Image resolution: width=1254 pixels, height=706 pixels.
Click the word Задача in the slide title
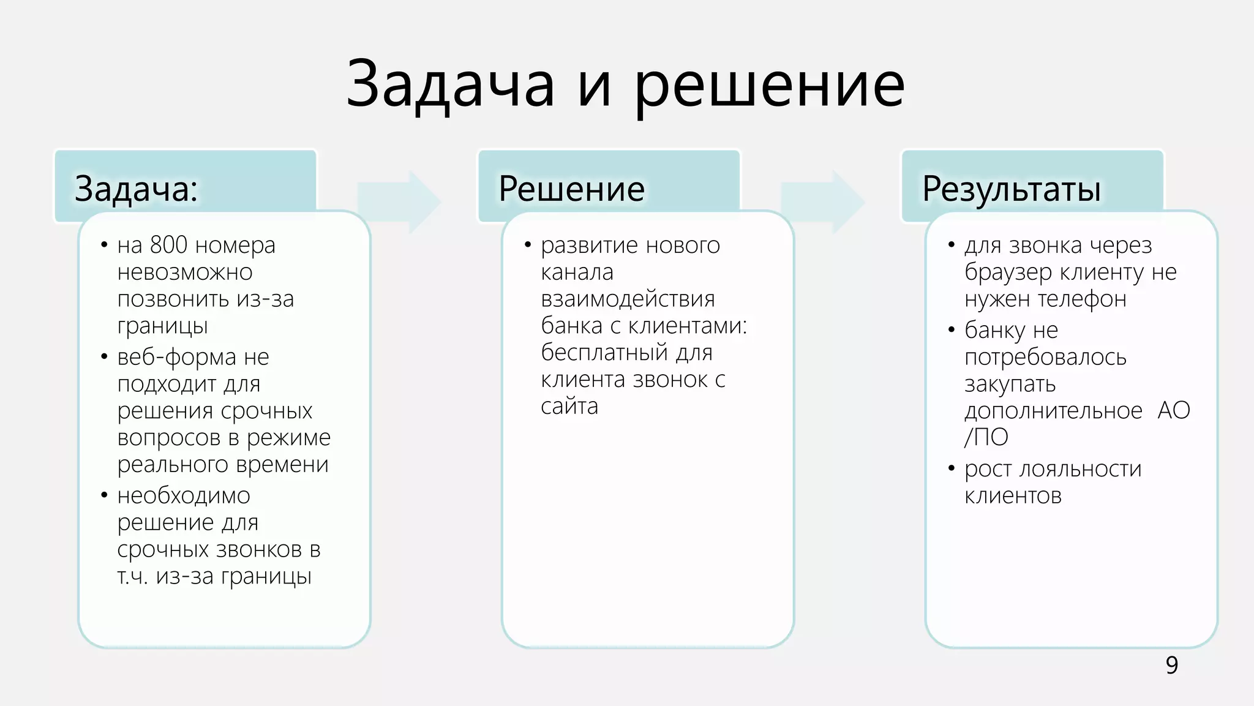[x=450, y=84]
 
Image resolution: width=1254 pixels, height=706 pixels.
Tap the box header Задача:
[x=136, y=189]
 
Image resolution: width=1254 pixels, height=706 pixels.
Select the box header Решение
[x=571, y=189]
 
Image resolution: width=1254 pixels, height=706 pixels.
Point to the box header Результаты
[x=1012, y=189]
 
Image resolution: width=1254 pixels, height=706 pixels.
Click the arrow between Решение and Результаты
[x=822, y=201]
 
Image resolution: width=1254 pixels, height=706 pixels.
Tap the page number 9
[x=1171, y=665]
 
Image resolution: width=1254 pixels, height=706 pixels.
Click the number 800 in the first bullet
[x=168, y=245]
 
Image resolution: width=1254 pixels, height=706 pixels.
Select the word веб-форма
[x=177, y=357]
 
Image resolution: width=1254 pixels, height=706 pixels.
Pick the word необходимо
[x=184, y=495]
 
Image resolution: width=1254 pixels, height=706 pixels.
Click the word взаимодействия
[x=628, y=299]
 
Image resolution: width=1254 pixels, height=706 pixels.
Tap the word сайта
[x=569, y=407]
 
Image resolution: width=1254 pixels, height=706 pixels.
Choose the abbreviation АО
[x=1173, y=410]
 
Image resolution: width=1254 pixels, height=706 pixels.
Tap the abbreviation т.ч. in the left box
[x=132, y=577]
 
